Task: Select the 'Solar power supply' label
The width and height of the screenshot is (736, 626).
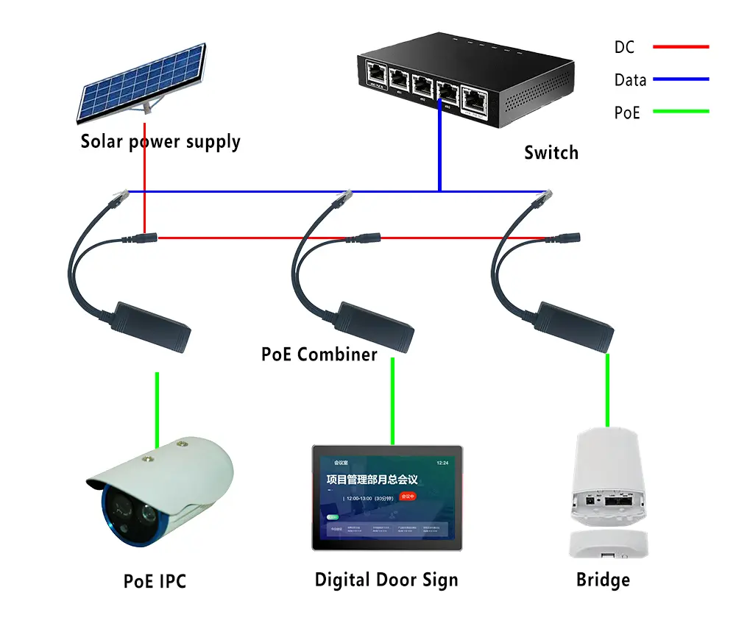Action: click(160, 141)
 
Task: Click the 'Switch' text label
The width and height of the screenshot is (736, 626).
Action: click(551, 153)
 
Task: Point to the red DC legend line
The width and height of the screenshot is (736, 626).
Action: click(680, 47)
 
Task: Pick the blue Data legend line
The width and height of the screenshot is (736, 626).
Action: click(680, 79)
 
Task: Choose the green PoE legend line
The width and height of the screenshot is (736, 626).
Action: click(680, 112)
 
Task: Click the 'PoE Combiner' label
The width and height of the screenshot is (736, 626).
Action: click(319, 355)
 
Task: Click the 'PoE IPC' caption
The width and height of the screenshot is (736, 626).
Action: click(155, 582)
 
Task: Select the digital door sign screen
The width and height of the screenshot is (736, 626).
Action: click(387, 497)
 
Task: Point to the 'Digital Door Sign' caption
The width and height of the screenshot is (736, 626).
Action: click(386, 580)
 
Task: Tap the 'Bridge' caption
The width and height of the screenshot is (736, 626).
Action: click(603, 580)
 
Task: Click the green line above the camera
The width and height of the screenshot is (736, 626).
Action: click(157, 409)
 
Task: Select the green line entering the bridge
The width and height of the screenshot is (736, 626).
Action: click(608, 390)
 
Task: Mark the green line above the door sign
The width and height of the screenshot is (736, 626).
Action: click(392, 401)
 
